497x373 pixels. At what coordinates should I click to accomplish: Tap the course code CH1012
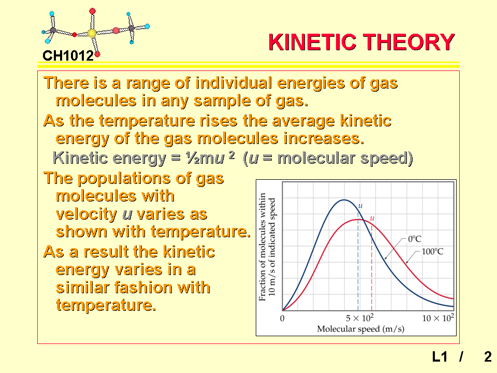tap(68, 56)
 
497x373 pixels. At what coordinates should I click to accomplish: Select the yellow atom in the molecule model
tap(92, 33)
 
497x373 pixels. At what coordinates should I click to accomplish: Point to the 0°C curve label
tap(415, 239)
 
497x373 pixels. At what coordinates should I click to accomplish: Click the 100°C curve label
tap(432, 252)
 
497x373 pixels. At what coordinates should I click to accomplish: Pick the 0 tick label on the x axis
tap(282, 318)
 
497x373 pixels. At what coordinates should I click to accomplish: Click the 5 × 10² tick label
tap(360, 318)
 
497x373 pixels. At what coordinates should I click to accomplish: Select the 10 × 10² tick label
tap(438, 318)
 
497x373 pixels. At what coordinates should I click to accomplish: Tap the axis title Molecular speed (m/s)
tap(361, 329)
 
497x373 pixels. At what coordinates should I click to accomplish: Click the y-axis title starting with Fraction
tap(267, 247)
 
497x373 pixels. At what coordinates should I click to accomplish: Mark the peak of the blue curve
tap(344, 200)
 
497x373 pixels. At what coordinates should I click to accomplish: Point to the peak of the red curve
tap(358, 220)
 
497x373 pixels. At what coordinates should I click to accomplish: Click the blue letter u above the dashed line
tap(360, 206)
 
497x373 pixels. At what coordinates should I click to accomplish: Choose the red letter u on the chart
tap(372, 218)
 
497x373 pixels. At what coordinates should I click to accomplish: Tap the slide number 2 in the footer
tap(488, 357)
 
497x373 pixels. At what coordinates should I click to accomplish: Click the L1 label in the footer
tap(440, 357)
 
